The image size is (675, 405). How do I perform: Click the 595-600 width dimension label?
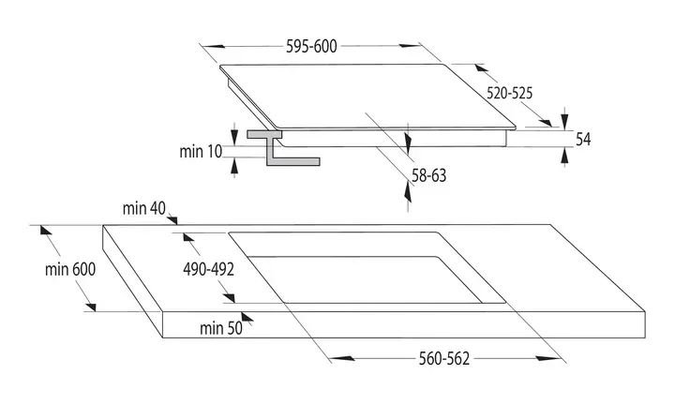pyautogui.click(x=311, y=46)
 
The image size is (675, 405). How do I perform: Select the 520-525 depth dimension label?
pyautogui.click(x=509, y=93)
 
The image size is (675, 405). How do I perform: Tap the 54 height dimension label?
pyautogui.click(x=583, y=140)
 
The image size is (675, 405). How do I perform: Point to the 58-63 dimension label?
pyautogui.click(x=428, y=175)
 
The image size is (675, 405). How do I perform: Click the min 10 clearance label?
pyautogui.click(x=201, y=152)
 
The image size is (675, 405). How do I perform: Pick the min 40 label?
pyautogui.click(x=143, y=208)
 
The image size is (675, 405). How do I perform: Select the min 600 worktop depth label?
pyautogui.click(x=70, y=269)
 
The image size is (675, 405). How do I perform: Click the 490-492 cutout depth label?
pyautogui.click(x=208, y=269)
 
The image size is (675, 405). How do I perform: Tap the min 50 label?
pyautogui.click(x=221, y=328)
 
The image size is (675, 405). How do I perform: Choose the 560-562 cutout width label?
pyautogui.click(x=443, y=358)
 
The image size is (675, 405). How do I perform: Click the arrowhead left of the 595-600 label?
pyautogui.click(x=213, y=46)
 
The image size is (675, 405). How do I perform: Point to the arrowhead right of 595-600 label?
pyautogui.click(x=409, y=46)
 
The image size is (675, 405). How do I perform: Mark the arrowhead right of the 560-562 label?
pyautogui.click(x=547, y=358)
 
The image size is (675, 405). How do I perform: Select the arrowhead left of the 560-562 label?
pyautogui.click(x=343, y=358)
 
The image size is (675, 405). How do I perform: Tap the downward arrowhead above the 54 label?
pyautogui.click(x=564, y=118)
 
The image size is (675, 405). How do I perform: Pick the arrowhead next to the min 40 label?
pyautogui.click(x=172, y=219)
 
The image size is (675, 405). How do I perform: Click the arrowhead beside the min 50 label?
pyautogui.click(x=247, y=317)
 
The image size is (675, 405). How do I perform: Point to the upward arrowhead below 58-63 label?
pyautogui.click(x=408, y=191)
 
